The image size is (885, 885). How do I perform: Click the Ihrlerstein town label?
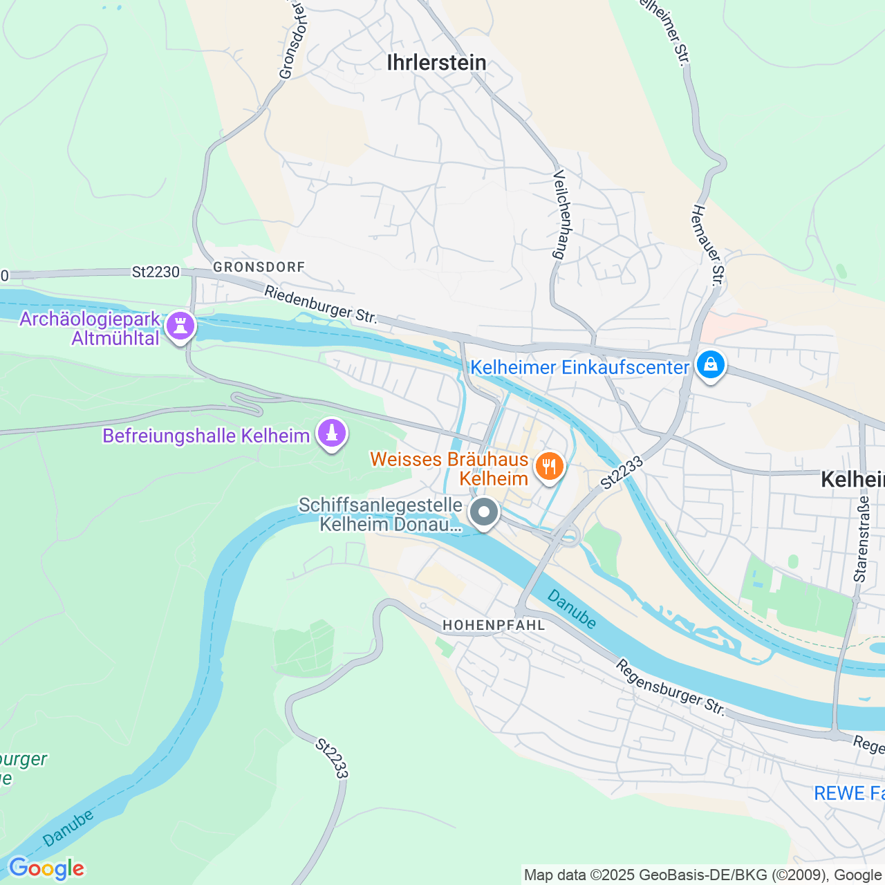click(x=436, y=63)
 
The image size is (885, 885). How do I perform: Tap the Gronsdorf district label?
click(x=259, y=267)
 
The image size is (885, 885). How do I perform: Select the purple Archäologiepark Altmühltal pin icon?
click(x=180, y=325)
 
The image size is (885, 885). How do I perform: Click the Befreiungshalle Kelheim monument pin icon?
click(x=332, y=434)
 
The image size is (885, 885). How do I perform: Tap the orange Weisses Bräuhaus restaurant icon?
click(x=549, y=467)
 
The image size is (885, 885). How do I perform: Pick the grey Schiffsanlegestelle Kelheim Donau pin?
click(x=484, y=513)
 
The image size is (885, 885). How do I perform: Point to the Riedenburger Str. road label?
click(x=321, y=306)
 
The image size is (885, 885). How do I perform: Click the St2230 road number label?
click(x=156, y=272)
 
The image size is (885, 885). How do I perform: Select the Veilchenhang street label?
click(x=560, y=214)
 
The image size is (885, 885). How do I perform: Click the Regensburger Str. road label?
click(x=670, y=687)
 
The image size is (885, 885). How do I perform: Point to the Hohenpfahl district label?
click(x=494, y=625)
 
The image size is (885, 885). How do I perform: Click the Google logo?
click(x=46, y=868)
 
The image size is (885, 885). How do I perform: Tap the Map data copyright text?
click(x=703, y=875)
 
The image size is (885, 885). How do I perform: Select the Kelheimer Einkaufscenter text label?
click(x=579, y=367)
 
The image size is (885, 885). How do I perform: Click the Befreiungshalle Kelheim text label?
click(x=206, y=436)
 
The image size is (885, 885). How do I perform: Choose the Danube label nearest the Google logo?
click(x=68, y=828)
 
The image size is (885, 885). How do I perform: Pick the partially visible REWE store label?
click(x=848, y=793)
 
